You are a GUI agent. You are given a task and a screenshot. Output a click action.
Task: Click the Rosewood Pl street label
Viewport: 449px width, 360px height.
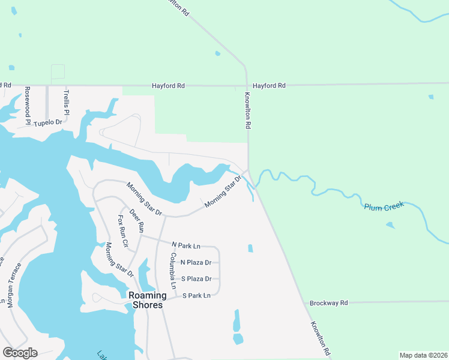[28, 106]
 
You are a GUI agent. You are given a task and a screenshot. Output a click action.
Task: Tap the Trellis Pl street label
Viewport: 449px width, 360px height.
[67, 103]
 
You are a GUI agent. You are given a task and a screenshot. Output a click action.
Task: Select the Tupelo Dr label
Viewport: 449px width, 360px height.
[48, 122]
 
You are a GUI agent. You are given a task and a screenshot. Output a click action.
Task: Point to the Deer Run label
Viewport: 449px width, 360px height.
[137, 220]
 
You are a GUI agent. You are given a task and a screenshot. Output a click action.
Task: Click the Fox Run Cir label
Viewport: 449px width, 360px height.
[123, 231]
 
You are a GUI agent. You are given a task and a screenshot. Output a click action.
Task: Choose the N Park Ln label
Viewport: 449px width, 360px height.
[185, 245]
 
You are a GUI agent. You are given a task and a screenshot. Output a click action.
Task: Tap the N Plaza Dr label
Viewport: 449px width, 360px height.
[196, 262]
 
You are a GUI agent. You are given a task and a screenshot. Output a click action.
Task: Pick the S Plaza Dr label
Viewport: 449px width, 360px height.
[196, 279]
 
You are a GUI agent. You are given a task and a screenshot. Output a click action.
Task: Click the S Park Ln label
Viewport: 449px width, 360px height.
[197, 296]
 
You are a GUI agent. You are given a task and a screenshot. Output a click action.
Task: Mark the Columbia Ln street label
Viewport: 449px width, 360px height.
[172, 271]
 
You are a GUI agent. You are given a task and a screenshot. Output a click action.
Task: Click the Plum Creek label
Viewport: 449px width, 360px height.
[384, 206]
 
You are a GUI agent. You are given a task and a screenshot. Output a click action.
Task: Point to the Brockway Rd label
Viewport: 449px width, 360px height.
[329, 303]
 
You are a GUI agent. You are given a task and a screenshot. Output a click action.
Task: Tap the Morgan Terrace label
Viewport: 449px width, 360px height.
[13, 286]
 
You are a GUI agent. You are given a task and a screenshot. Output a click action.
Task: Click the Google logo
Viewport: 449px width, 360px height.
[20, 352]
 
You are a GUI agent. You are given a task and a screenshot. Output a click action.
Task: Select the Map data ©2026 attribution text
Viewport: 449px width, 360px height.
[423, 355]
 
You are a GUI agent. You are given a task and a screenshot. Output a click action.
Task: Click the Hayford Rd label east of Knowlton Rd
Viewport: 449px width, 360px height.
[269, 86]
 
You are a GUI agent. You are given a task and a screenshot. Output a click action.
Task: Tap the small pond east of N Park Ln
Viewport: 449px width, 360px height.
[250, 248]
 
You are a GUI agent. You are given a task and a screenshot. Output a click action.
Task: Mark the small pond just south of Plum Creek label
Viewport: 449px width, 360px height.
[391, 226]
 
